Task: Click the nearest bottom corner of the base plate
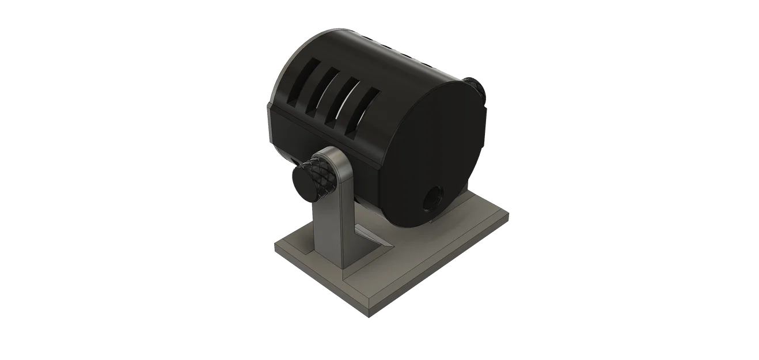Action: [x=369, y=314]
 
